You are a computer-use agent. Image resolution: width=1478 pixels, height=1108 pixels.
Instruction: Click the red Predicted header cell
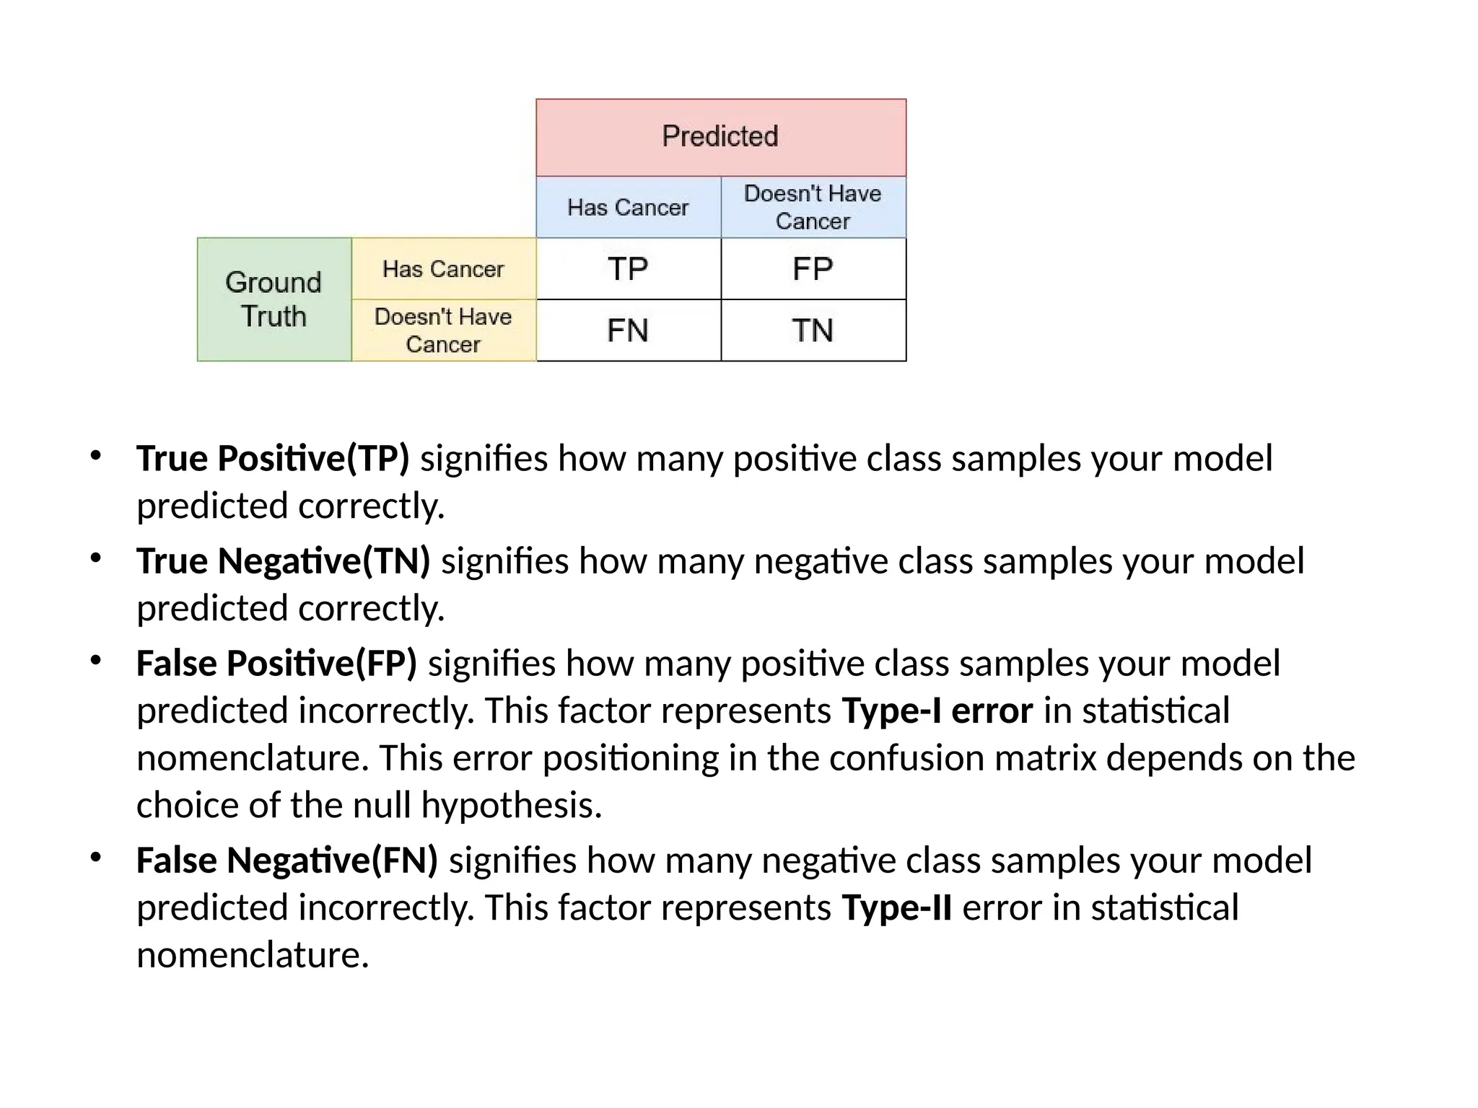click(x=720, y=137)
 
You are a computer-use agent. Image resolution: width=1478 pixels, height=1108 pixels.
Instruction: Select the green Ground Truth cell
click(x=274, y=299)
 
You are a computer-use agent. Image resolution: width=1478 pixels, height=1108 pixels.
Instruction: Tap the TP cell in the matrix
click(x=628, y=269)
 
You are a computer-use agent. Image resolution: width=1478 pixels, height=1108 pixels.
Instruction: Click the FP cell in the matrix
click(x=813, y=269)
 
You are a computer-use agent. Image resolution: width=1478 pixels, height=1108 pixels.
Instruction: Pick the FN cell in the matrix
click(x=628, y=330)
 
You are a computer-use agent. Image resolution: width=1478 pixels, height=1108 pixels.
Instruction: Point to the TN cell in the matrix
click(x=813, y=330)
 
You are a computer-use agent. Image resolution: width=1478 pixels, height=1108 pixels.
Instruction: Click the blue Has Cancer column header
click(x=628, y=208)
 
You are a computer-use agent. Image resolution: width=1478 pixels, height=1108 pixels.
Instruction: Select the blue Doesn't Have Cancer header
click(x=813, y=208)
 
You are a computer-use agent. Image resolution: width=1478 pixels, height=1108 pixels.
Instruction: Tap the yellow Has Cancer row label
click(x=443, y=269)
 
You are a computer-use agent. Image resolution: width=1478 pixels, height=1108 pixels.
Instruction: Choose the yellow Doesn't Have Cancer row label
click(x=443, y=330)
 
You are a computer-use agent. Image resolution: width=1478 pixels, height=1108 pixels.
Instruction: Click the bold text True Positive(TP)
click(x=273, y=459)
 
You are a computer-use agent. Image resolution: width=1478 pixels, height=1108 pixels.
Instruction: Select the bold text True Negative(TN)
click(x=283, y=561)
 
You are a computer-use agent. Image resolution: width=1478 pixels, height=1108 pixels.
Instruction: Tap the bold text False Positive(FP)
click(x=276, y=664)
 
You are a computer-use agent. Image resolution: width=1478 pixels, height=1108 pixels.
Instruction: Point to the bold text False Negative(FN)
click(x=287, y=861)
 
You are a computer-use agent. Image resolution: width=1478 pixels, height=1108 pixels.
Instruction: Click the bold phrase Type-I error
click(x=937, y=711)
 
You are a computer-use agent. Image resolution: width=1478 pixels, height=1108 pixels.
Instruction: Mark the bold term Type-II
click(x=896, y=908)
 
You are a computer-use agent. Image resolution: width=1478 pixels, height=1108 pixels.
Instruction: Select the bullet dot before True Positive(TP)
click(x=95, y=456)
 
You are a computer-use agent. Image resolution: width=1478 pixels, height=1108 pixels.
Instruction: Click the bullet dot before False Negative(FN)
click(x=95, y=858)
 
